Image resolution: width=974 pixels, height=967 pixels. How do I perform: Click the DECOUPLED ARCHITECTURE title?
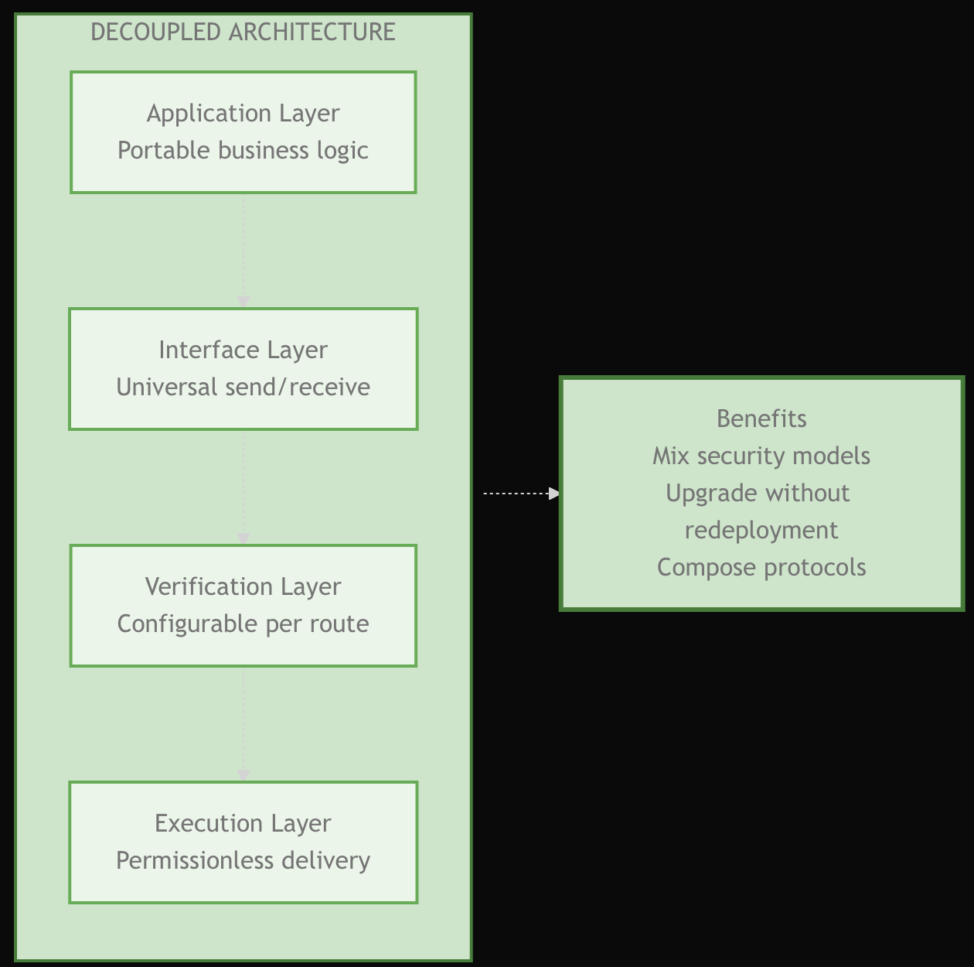pyautogui.click(x=243, y=32)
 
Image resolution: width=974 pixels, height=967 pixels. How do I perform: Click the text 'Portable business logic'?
pyautogui.click(x=243, y=150)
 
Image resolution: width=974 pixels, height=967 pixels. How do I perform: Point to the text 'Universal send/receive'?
pyautogui.click(x=243, y=387)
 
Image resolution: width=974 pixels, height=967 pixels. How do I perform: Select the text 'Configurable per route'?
pyautogui.click(x=243, y=624)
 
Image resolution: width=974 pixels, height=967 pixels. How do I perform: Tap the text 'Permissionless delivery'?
pyautogui.click(x=243, y=860)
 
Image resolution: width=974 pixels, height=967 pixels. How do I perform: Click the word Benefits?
pyautogui.click(x=761, y=419)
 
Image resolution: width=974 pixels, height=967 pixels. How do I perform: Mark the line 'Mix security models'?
pyautogui.click(x=761, y=456)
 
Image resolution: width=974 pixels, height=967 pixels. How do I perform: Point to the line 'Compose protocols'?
pyautogui.click(x=761, y=567)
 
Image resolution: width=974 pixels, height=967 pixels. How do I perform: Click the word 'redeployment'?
pyautogui.click(x=761, y=530)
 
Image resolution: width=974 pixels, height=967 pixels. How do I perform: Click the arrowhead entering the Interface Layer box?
pyautogui.click(x=243, y=302)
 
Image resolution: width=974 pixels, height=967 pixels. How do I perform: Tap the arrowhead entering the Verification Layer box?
pyautogui.click(x=243, y=538)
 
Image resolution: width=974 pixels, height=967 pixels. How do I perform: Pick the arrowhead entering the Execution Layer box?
pyautogui.click(x=243, y=775)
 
